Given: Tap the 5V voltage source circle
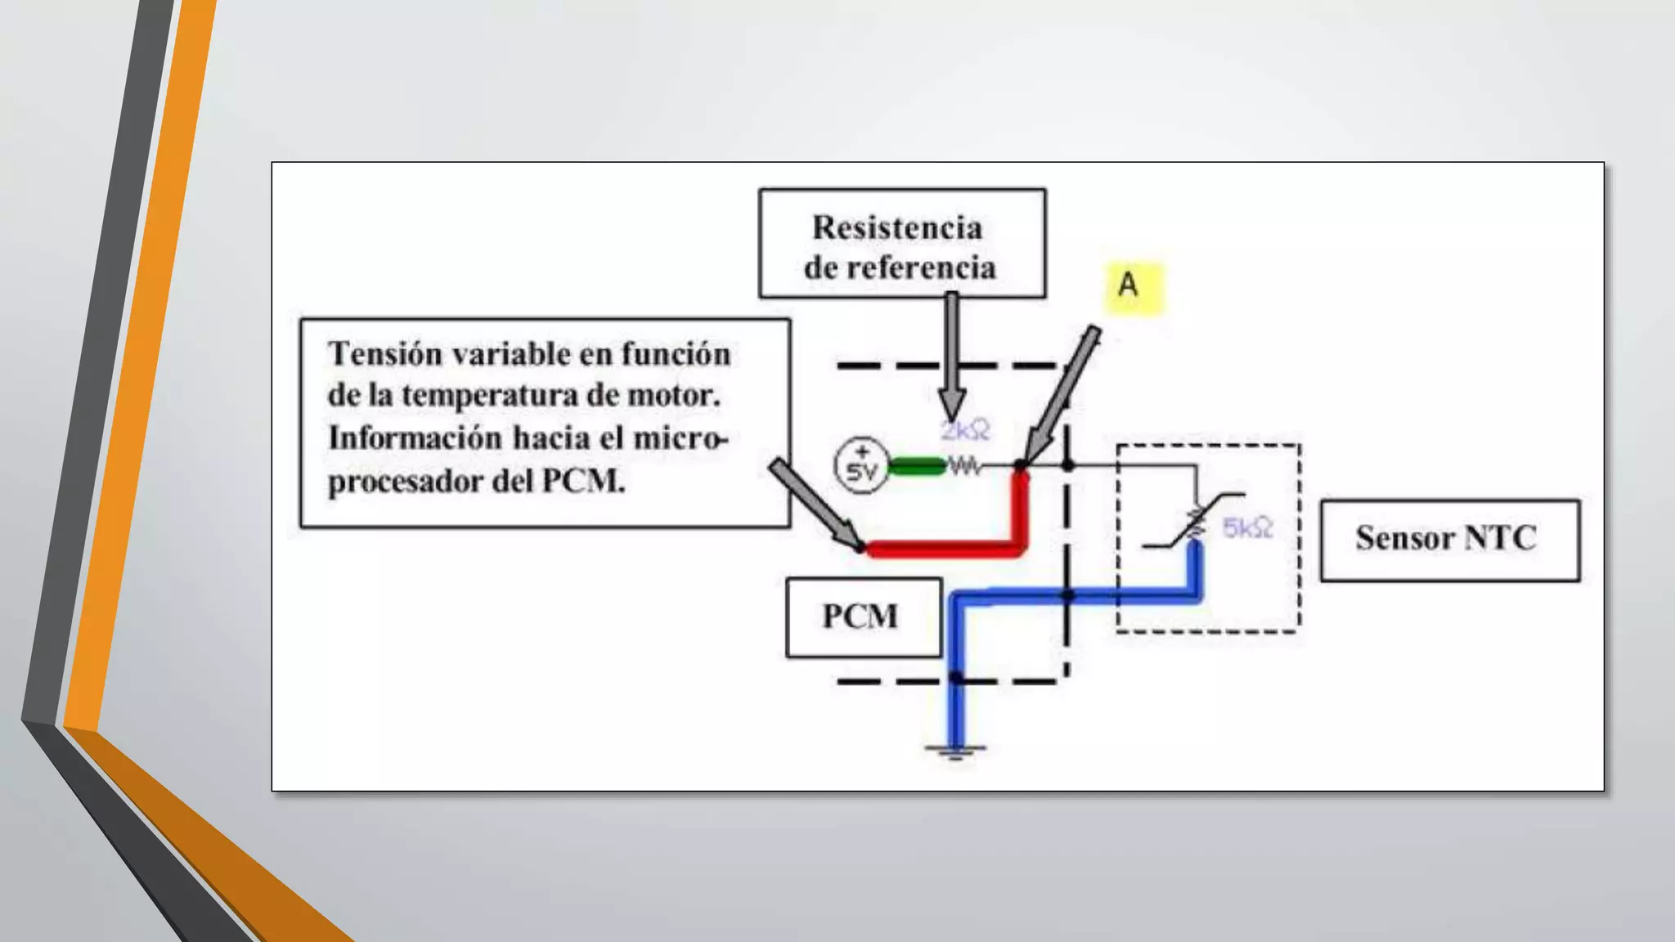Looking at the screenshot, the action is pos(861,466).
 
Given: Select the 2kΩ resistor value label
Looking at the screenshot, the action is pos(965,431).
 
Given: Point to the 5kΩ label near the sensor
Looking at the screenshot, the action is pos(1247,528).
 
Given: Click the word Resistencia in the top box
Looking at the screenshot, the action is pos(897,228).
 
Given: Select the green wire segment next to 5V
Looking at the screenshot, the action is pos(917,467).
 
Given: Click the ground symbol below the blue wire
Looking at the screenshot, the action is pos(954,750).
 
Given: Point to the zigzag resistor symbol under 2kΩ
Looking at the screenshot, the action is pos(964,467).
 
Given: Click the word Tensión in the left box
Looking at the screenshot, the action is pos(385,355).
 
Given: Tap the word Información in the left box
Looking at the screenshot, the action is pos(416,438).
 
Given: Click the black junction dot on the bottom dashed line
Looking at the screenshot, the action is pos(955,679).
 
